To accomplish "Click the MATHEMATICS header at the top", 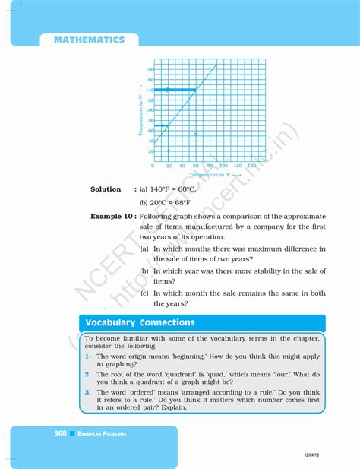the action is pyautogui.click(x=89, y=40).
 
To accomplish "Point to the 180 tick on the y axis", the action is pyautogui.click(x=150, y=69).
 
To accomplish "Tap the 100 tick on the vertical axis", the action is pyautogui.click(x=150, y=110).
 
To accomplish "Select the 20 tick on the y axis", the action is pyautogui.click(x=150, y=151).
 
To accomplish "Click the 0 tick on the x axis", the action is pyautogui.click(x=153, y=165).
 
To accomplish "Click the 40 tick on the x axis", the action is pyautogui.click(x=182, y=165).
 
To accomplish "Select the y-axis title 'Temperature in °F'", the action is pyautogui.click(x=141, y=114).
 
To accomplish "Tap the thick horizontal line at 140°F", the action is pyautogui.click(x=175, y=90).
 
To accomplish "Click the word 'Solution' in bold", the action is pyautogui.click(x=106, y=189).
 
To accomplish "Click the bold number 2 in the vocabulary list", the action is pyautogui.click(x=88, y=374).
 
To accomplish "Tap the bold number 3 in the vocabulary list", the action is pyautogui.click(x=88, y=392).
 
